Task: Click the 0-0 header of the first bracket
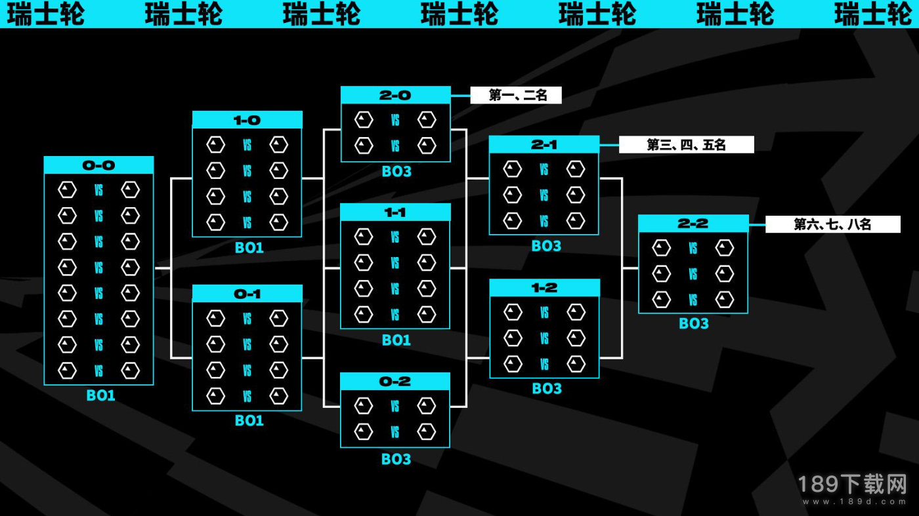(x=98, y=165)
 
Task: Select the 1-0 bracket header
(x=247, y=120)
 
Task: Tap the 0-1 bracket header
(x=247, y=294)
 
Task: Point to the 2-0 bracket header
(x=395, y=95)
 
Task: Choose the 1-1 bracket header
(x=395, y=212)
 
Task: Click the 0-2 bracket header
(x=395, y=382)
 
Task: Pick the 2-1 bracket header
(x=544, y=145)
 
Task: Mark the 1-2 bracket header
(x=544, y=288)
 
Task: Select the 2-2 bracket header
(x=693, y=224)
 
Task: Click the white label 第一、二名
(x=516, y=95)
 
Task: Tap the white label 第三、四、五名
(x=687, y=145)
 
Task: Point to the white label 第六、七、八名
(x=833, y=224)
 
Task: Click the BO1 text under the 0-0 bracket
(x=100, y=395)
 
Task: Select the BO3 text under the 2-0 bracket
(x=396, y=171)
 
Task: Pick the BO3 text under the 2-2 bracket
(x=694, y=323)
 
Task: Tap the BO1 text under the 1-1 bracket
(x=396, y=340)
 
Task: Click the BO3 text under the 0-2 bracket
(x=396, y=459)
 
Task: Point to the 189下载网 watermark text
(x=852, y=484)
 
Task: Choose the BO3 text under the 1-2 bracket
(x=547, y=389)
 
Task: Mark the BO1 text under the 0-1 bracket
(x=249, y=420)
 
